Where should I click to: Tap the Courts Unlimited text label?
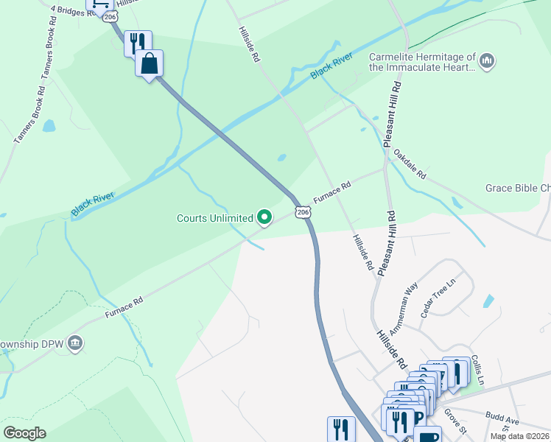click(214, 218)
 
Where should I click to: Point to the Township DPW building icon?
click(75, 343)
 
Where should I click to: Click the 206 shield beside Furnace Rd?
click(303, 212)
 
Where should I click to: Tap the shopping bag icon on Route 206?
click(149, 64)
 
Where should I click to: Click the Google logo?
click(24, 433)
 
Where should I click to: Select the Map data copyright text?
click(519, 436)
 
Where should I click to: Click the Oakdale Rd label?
click(410, 164)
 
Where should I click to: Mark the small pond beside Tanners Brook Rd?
click(49, 126)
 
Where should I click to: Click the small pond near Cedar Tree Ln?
click(488, 301)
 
